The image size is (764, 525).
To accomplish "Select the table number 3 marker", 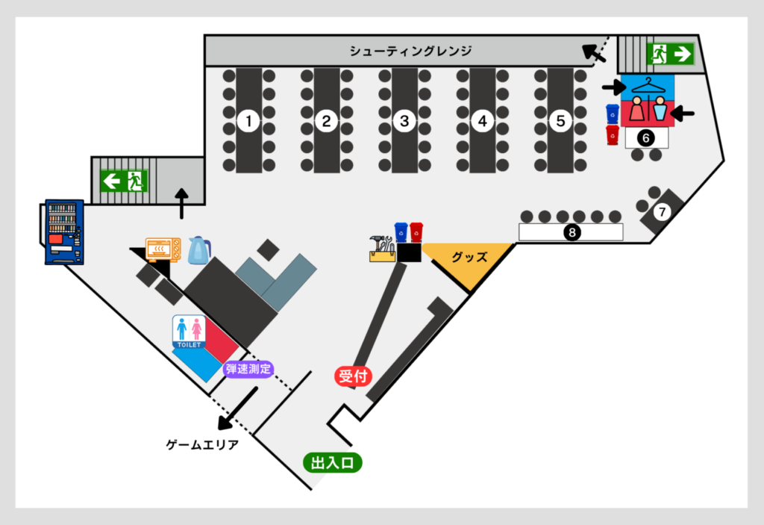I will (x=404, y=120).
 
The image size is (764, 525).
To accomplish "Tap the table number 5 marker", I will (x=560, y=120).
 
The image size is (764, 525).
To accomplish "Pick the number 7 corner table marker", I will (x=661, y=212).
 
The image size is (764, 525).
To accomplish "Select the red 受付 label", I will (x=352, y=376).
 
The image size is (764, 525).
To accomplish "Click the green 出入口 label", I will (x=333, y=464).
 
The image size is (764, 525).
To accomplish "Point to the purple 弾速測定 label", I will (x=248, y=368).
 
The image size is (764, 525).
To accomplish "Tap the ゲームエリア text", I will (x=202, y=445).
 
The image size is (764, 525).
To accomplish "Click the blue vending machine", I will (x=64, y=232).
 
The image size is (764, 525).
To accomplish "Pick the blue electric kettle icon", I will (x=199, y=250).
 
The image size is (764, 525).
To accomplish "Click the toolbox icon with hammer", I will (x=381, y=249).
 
